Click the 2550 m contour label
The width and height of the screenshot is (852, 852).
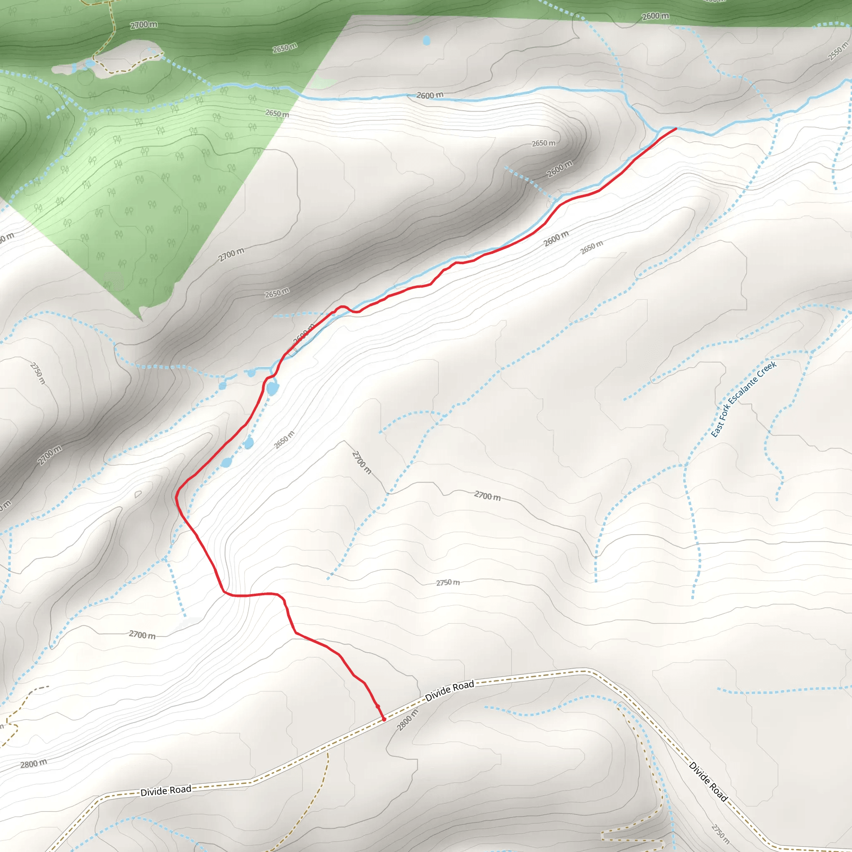tap(838, 51)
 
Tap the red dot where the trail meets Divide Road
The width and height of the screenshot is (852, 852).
tap(384, 719)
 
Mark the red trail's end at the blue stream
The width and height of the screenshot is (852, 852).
tap(676, 129)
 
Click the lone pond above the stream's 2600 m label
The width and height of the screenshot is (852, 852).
tap(426, 41)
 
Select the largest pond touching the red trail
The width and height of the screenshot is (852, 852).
tap(272, 389)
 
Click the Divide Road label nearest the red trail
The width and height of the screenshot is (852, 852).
tap(449, 691)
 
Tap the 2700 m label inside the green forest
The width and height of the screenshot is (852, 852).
tap(144, 25)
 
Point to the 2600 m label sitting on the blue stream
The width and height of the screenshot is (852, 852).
tap(430, 95)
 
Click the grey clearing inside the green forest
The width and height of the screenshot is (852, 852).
tap(119, 57)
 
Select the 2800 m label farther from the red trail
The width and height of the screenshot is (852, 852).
tap(34, 763)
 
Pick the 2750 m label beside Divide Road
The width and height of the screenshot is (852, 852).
tap(720, 831)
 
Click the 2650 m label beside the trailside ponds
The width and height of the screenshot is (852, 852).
tap(284, 440)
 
